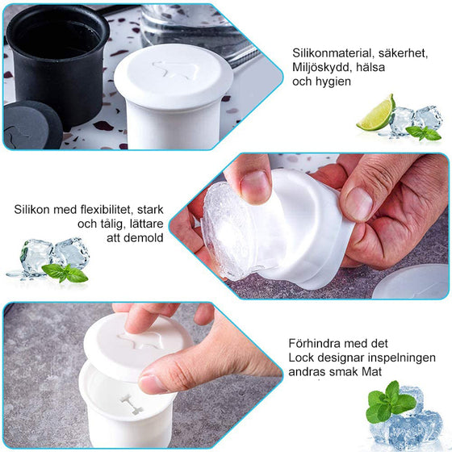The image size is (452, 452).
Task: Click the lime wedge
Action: (378, 114)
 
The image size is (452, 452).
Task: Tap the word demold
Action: (142, 237)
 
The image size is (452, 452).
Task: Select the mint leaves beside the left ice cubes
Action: (65, 273)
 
